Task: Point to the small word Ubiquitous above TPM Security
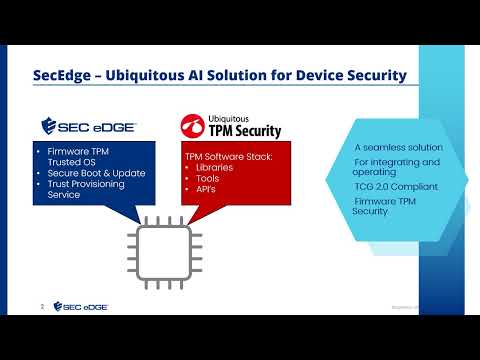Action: coord(231,118)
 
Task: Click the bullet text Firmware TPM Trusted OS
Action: coord(76,158)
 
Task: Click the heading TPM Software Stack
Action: coord(229,156)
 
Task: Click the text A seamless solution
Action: coord(391,147)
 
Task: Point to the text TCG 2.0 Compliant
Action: coord(391,187)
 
